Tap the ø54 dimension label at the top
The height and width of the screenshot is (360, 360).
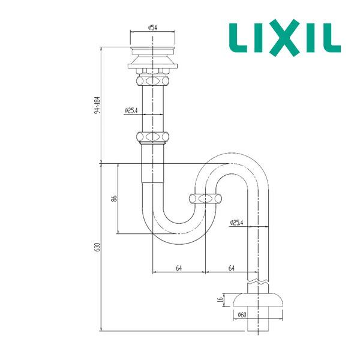click(152, 27)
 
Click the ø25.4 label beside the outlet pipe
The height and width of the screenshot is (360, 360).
click(236, 223)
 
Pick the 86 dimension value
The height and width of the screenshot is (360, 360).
click(114, 198)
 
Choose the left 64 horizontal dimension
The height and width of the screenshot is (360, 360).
click(179, 268)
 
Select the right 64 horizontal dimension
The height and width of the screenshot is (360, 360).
click(231, 268)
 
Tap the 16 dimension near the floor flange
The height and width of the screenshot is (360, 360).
click(220, 299)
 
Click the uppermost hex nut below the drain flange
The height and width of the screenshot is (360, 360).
click(153, 79)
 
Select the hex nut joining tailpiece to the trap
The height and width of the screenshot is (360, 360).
click(153, 137)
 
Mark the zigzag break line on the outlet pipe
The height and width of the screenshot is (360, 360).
click(258, 280)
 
